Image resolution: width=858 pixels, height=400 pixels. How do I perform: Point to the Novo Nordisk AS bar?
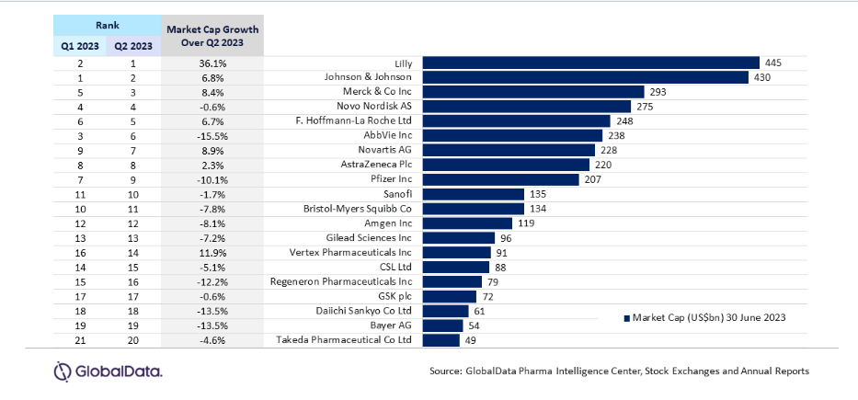coord(527,107)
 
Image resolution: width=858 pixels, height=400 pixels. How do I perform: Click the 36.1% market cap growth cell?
coord(212,63)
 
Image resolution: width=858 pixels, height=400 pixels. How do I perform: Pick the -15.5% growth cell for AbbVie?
coord(212,135)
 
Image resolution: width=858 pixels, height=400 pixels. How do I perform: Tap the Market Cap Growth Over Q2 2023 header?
coord(212,36)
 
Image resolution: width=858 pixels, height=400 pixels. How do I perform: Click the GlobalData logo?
coord(109,371)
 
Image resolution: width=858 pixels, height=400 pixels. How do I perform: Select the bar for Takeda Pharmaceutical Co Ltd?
coord(441,340)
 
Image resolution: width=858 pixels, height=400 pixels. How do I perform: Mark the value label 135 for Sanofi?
coord(536,194)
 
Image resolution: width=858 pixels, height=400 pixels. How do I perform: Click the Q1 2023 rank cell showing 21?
coord(79,340)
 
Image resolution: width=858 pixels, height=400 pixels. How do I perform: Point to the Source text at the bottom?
coord(618,371)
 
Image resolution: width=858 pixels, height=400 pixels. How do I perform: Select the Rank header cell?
coord(106,22)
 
